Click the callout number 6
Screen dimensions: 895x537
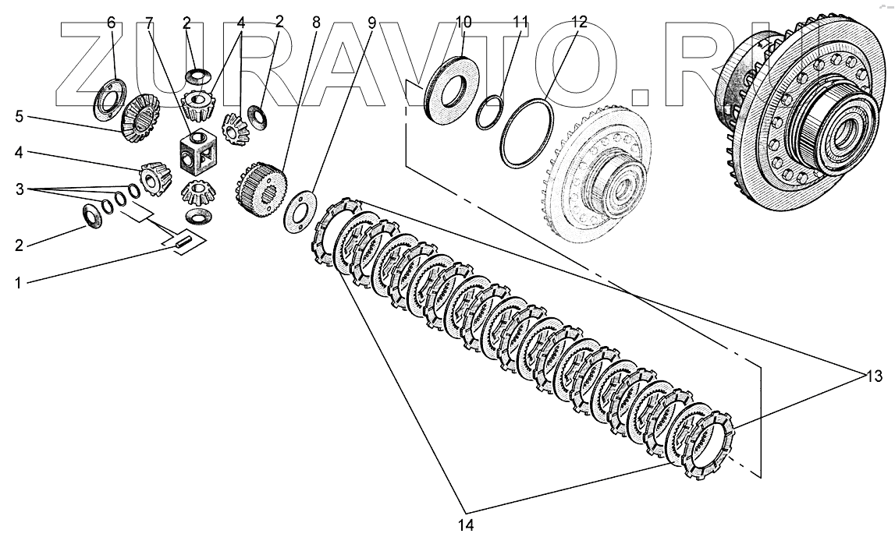coord(111,23)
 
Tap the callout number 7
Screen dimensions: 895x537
coord(148,23)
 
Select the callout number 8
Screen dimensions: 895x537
coord(316,23)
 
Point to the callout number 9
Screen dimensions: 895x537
coord(371,23)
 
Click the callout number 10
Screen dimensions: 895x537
coord(463,23)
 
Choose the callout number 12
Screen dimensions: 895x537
coord(578,23)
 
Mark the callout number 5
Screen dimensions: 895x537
coord(20,118)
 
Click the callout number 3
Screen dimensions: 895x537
coord(20,189)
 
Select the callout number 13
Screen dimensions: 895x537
coord(873,378)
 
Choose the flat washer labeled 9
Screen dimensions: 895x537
coord(299,210)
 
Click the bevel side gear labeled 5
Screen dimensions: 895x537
coord(140,114)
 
